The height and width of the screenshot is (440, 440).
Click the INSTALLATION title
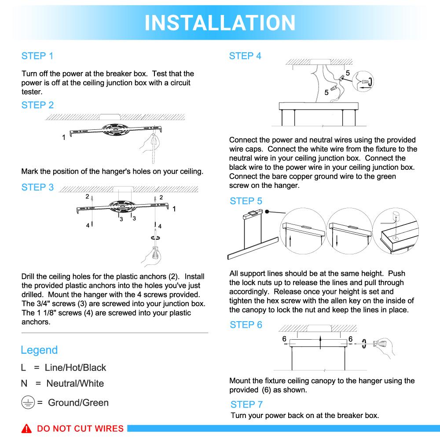tap(220, 22)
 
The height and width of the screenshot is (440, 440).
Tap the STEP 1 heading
tap(37, 56)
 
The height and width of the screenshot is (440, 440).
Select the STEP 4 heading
tap(245, 56)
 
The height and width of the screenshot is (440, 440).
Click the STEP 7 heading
tap(246, 404)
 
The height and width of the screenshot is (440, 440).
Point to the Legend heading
tap(39, 350)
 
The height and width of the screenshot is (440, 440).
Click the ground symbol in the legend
tap(28, 403)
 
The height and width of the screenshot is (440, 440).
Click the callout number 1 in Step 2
tap(64, 138)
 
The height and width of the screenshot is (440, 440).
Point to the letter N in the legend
tap(25, 383)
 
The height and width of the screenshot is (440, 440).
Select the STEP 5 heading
tap(246, 201)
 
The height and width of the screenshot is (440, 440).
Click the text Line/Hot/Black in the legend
tap(76, 367)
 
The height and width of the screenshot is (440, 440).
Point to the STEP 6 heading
tap(246, 325)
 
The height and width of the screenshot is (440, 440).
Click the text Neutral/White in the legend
tap(75, 383)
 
